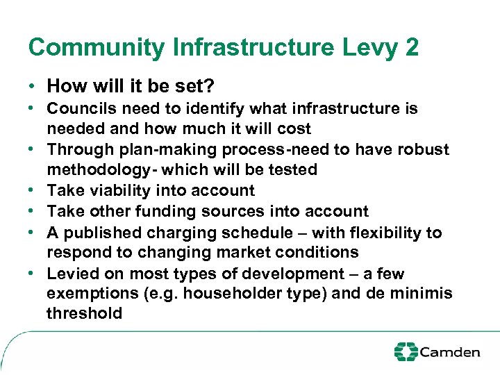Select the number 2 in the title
coord(411,47)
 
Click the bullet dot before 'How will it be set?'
coord(33,87)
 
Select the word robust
coord(425,149)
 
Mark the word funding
coord(171,211)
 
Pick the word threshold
coord(84,314)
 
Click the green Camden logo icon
coord(406,351)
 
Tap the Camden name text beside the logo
coord(450,352)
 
